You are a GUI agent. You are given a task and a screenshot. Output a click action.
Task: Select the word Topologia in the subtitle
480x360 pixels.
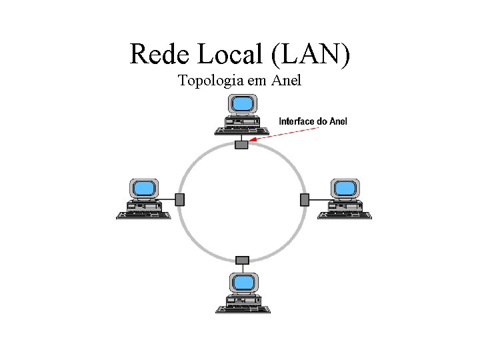pos(211,81)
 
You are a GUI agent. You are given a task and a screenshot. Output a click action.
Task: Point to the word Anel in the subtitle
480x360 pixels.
pos(286,81)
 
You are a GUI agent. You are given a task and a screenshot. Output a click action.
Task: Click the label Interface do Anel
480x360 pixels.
pos(313,121)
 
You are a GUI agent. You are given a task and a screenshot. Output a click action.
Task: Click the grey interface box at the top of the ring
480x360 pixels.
pos(241,143)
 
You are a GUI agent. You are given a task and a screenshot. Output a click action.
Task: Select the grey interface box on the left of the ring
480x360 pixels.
pos(179,199)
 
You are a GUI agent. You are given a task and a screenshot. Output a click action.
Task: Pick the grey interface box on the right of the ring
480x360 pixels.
pos(305,199)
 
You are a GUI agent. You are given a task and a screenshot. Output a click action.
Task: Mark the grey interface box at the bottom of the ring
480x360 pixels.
pos(242,259)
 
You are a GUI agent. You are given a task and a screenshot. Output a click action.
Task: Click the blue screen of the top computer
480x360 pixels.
pos(242,103)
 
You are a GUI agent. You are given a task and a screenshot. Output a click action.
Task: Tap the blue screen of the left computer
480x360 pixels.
pos(143,187)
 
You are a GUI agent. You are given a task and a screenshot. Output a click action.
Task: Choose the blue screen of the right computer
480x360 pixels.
pos(344,187)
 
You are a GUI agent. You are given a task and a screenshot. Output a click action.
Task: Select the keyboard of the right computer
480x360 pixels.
pos(344,215)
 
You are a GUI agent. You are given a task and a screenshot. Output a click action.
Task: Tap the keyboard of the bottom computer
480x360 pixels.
pos(242,309)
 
